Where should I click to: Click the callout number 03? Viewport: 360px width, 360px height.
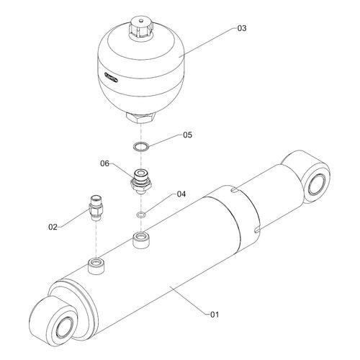click(242, 28)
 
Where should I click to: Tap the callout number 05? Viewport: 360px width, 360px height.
click(187, 135)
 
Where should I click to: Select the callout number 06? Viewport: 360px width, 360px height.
click(104, 163)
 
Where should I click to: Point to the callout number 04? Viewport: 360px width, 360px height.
click(181, 194)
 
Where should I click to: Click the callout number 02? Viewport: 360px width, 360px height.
click(53, 227)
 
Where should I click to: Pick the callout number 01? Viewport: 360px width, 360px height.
click(215, 315)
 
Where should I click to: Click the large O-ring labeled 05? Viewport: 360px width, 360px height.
click(141, 145)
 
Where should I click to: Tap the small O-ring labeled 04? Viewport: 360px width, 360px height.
click(141, 215)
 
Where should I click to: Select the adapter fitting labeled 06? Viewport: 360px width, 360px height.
click(141, 181)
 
